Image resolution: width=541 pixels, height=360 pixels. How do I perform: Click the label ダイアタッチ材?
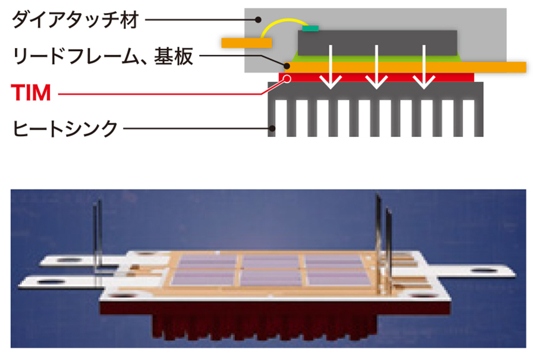75,20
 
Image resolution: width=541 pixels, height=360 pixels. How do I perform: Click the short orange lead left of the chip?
247,42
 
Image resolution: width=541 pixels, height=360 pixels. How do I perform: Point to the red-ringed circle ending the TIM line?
287,77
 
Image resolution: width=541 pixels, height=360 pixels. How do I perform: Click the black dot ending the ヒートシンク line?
272,127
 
